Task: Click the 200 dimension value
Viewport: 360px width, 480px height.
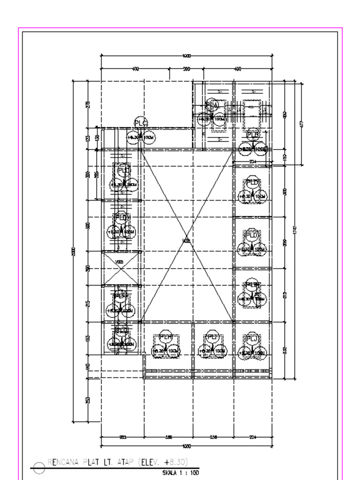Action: click(186, 69)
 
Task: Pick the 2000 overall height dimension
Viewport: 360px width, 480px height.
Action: click(73, 251)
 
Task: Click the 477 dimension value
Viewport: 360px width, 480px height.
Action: click(301, 124)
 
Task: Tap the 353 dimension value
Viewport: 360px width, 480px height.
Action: click(87, 399)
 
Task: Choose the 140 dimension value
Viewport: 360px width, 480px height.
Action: click(87, 367)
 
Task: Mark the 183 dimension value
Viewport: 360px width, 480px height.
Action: click(87, 338)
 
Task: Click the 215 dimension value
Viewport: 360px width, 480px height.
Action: click(87, 304)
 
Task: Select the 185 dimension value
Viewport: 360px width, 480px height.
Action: click(169, 437)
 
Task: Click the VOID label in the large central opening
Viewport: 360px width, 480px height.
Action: click(187, 241)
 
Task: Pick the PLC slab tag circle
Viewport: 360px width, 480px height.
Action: click(141, 123)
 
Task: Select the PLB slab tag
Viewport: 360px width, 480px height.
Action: click(253, 135)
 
